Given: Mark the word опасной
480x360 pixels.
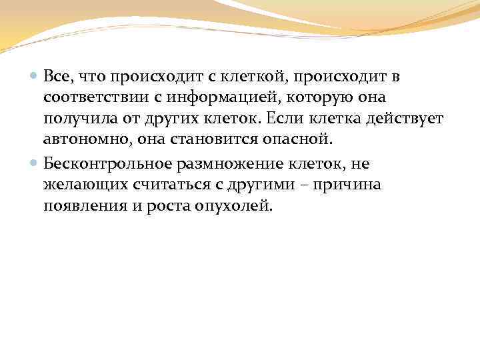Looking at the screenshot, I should (x=301, y=141).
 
